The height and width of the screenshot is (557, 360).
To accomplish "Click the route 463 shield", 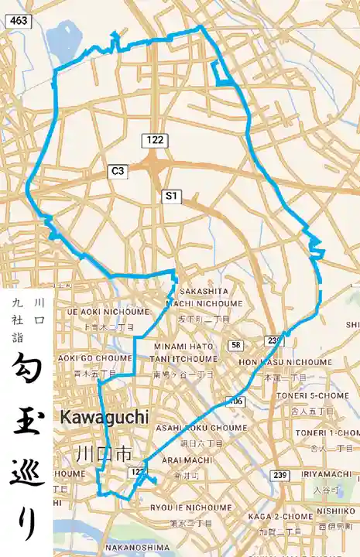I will click(x=19, y=22).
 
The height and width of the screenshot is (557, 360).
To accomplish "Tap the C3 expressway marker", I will click(x=118, y=171).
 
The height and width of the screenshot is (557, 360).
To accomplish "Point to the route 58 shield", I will click(x=236, y=344).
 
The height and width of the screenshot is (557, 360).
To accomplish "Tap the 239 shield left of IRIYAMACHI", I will click(x=280, y=474).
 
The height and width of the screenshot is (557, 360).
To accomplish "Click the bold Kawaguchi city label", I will click(x=102, y=416).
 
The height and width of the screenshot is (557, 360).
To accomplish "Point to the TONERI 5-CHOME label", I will click(x=311, y=395).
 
